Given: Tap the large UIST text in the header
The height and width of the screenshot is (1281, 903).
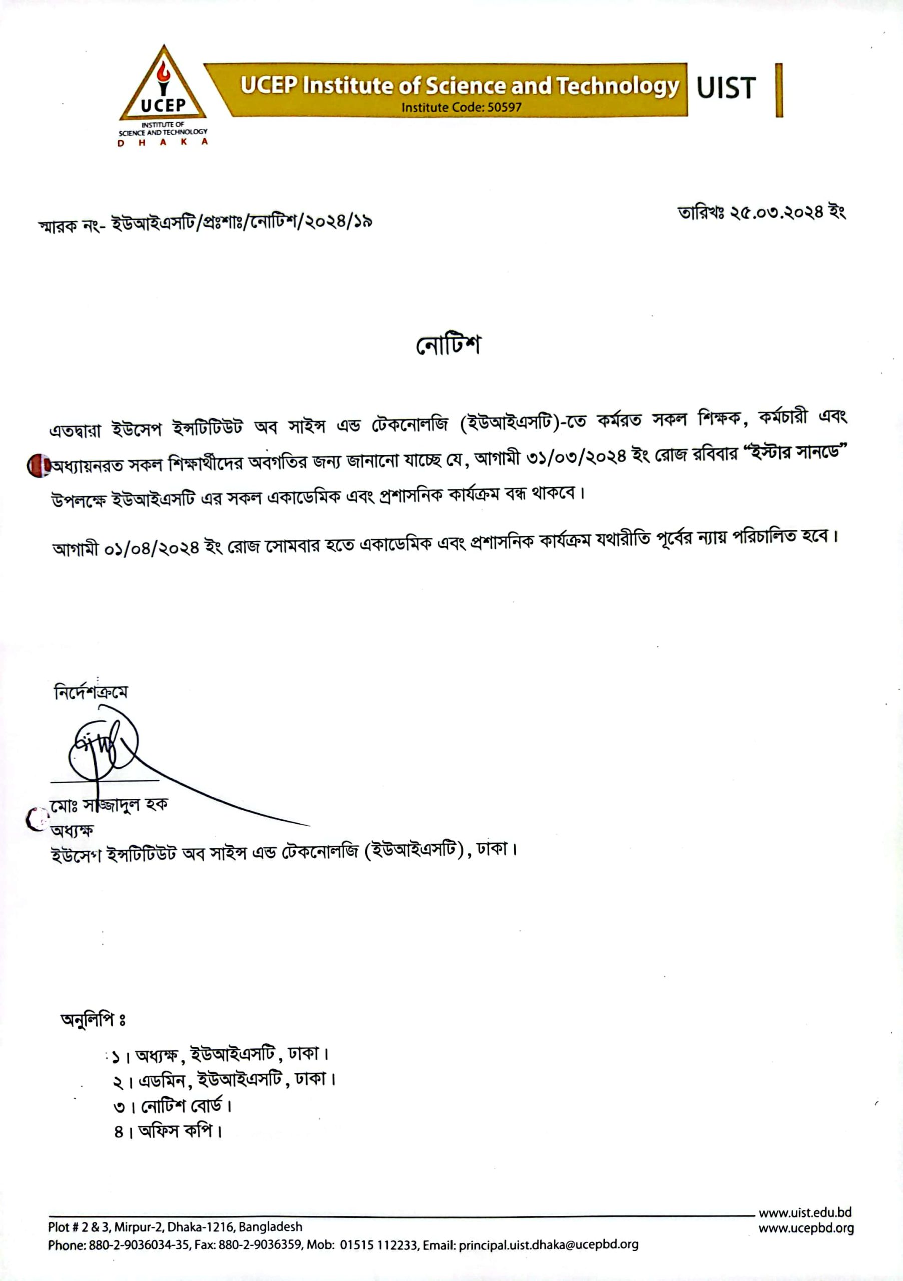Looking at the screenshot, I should (725, 88).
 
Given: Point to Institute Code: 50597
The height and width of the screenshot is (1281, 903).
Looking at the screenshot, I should (461, 107).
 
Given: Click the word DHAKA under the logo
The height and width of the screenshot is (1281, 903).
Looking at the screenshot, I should (162, 142).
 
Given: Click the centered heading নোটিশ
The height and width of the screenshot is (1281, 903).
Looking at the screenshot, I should (448, 345).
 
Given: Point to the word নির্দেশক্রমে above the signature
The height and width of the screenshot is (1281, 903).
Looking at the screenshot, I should (91, 693).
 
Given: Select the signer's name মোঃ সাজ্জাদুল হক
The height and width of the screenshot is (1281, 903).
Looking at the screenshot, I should (108, 805).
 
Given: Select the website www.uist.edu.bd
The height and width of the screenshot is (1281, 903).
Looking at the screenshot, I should (805, 1212).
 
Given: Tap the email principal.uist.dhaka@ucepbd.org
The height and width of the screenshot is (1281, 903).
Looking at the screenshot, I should (548, 1245).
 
